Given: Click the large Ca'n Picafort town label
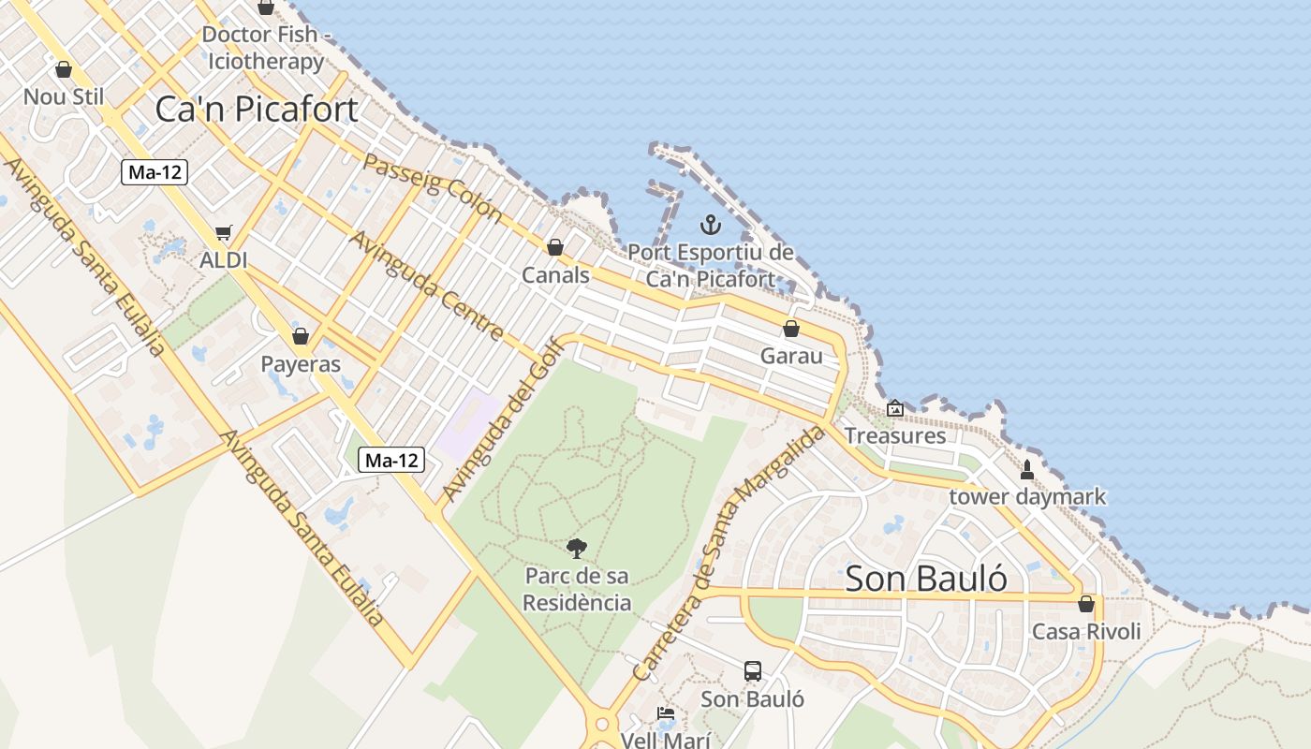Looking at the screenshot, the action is (x=256, y=110).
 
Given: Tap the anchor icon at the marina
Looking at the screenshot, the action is (x=711, y=225).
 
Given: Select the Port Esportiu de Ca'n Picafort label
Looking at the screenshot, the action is (x=711, y=266).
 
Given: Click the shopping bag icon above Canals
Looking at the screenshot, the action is (x=555, y=247).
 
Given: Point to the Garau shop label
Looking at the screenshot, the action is (x=791, y=356).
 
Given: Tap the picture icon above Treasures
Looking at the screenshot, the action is (x=895, y=408).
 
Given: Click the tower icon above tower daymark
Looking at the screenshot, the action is (x=1027, y=469).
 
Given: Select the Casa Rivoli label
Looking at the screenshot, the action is (x=1086, y=631).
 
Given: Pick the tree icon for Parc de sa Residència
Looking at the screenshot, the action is (x=577, y=548).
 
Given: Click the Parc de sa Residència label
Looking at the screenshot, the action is (x=577, y=589).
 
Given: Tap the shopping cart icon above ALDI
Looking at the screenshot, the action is (x=223, y=232).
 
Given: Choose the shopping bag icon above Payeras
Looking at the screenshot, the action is (x=301, y=336).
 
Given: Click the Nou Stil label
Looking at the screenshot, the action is (x=64, y=96).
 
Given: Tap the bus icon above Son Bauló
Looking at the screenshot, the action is (x=753, y=670).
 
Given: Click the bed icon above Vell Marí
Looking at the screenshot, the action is (x=666, y=713).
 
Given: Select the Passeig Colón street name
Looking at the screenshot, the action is (x=433, y=186).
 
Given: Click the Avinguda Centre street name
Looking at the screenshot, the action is (x=427, y=285).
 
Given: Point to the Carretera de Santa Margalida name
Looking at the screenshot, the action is (x=729, y=552).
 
